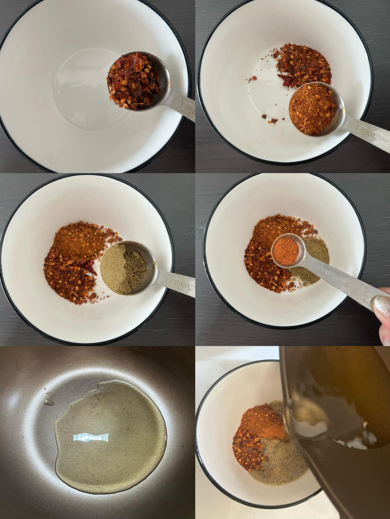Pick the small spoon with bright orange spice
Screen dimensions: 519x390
click(286, 250)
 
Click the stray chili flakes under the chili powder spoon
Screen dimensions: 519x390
click(269, 119)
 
